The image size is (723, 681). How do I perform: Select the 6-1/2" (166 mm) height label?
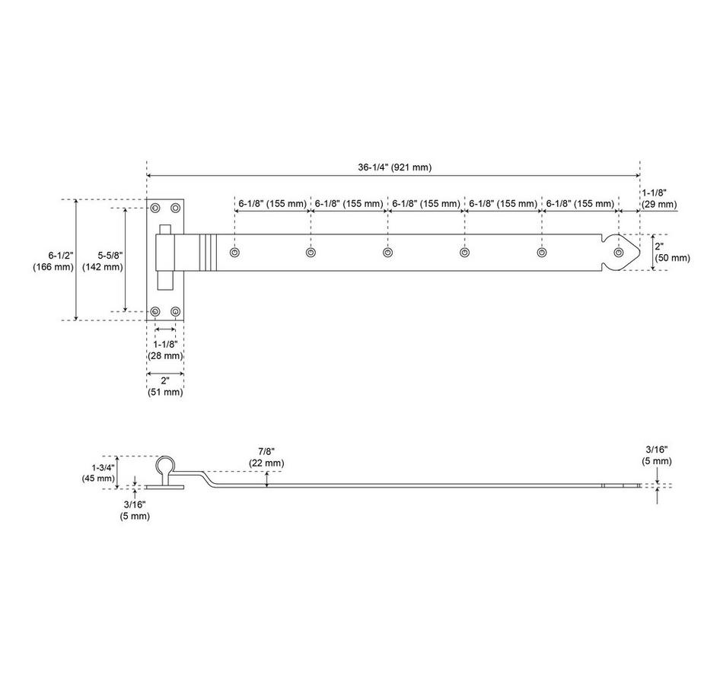(53, 259)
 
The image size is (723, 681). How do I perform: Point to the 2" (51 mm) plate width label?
(165, 386)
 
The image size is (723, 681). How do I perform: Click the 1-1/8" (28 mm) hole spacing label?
(165, 349)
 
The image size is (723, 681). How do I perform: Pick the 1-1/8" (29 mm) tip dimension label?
(658, 199)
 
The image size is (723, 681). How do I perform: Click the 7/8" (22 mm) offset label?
(266, 457)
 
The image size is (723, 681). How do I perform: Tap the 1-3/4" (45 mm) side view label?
(99, 473)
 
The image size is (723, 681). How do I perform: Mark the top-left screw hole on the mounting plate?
(156, 208)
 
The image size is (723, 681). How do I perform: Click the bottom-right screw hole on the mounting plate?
(176, 311)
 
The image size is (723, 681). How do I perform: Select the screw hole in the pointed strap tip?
(618, 252)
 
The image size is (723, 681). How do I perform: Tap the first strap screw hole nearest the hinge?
(235, 252)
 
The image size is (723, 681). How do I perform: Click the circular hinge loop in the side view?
(166, 465)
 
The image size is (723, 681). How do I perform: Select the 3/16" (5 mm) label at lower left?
(134, 510)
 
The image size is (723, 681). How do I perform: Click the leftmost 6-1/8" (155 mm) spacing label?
(272, 204)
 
